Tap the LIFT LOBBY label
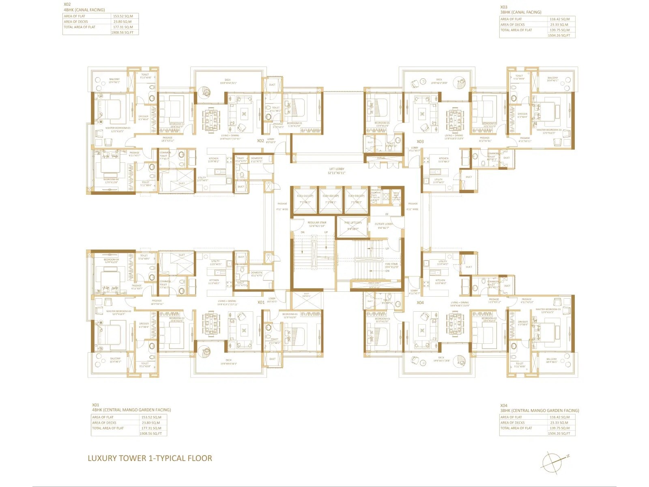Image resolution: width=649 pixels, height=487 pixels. pos(337,171)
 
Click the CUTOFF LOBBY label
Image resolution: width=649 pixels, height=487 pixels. pos(383,226)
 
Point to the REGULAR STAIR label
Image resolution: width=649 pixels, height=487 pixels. pos(317,224)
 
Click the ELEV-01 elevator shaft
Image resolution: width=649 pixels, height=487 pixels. pos(305,200)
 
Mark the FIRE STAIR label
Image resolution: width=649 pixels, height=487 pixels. pos(391,265)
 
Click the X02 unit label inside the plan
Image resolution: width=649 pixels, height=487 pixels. pos(260,141)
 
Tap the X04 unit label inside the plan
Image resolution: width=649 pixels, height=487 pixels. pos(420,302)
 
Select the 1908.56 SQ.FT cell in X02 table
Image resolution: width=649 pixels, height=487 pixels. pos(122,32)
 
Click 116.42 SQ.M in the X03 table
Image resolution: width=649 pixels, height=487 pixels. pos(559,19)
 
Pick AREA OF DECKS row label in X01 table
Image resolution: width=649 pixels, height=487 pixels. pos(104,423)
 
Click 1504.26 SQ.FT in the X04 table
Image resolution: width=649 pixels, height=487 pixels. pos(559,433)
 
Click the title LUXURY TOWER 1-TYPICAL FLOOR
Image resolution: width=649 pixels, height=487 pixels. pos(150,458)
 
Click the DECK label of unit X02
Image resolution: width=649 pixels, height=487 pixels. pos(228,81)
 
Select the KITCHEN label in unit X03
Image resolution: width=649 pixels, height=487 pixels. pos(444,160)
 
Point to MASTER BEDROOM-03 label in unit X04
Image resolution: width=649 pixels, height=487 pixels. pos(548,310)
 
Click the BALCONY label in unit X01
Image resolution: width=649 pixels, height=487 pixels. pos(115,360)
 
